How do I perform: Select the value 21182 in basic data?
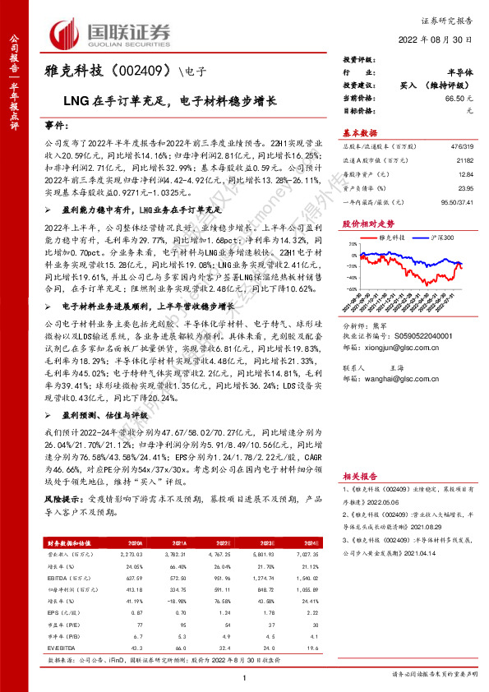(x=464, y=160)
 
